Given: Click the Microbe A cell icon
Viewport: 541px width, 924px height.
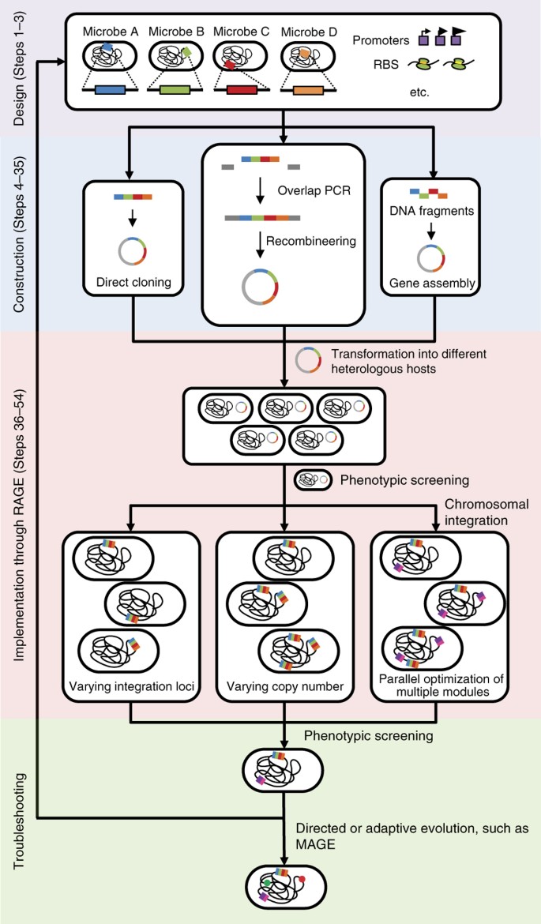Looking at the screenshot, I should (x=110, y=57).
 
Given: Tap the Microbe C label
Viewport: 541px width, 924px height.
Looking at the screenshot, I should (x=242, y=32).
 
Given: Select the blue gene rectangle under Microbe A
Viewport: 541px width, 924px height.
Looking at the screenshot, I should (x=110, y=91).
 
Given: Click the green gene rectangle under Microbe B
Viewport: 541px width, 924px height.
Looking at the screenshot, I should (x=176, y=91).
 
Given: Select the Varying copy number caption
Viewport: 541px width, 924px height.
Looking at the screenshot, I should (x=284, y=686).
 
